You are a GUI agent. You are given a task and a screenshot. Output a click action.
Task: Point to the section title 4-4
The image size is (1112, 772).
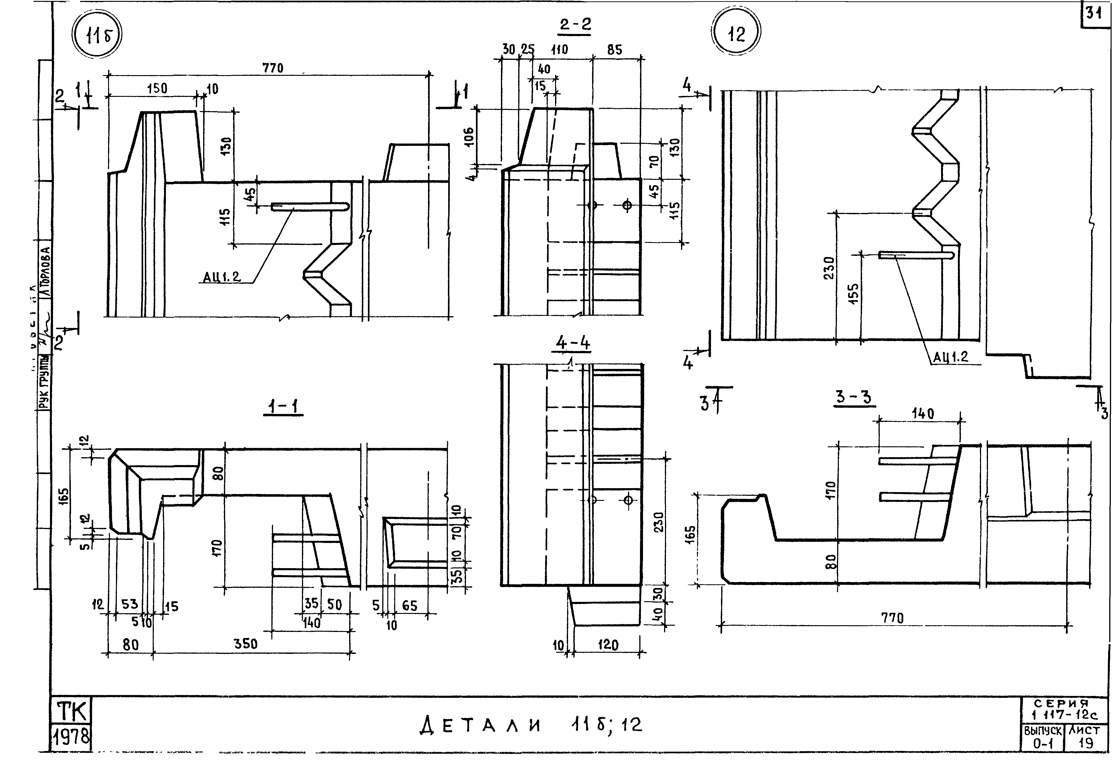(x=573, y=343)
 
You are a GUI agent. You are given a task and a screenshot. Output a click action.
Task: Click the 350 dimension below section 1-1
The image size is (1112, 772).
(x=246, y=644)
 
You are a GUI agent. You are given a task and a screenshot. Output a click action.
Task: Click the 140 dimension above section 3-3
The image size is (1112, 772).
(x=923, y=414)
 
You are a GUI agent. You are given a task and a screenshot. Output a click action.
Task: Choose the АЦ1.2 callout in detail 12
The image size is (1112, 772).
(x=950, y=357)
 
